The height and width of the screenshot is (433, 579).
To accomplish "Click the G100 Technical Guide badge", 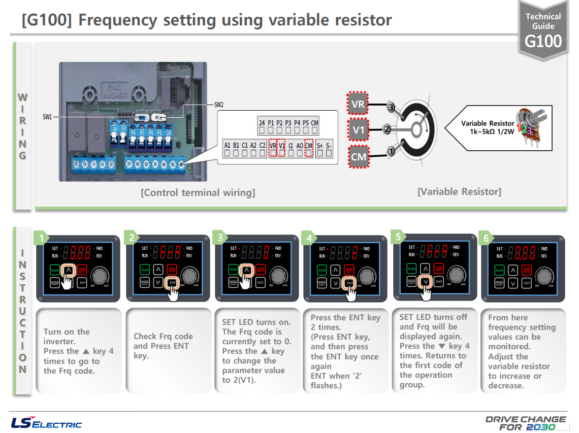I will point(543,30).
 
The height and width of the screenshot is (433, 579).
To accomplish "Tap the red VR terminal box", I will point(358,105).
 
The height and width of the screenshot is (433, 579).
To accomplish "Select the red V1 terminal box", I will point(359,130).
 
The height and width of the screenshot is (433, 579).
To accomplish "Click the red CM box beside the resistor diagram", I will point(359,156).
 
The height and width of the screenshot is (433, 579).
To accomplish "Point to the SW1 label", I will point(47,117).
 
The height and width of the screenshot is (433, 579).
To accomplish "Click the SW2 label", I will point(219,105).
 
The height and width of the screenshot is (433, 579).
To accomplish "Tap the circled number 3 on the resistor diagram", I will point(390,107).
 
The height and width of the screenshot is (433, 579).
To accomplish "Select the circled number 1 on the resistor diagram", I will point(391,151).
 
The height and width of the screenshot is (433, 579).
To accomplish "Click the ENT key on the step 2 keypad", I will point(172,283).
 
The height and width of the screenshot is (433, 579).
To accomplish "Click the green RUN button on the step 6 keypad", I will point(500,270).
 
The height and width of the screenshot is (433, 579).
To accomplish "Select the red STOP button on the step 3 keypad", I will point(261,270).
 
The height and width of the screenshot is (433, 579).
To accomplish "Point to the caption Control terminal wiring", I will point(198,193).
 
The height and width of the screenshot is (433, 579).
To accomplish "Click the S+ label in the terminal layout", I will point(319,145).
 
